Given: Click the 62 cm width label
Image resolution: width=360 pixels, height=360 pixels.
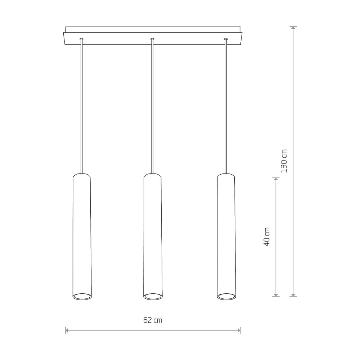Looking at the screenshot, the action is tap(153, 320).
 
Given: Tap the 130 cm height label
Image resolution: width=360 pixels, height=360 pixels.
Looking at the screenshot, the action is tap(284, 161).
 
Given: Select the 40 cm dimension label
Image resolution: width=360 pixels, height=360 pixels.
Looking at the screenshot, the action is tap(266, 237).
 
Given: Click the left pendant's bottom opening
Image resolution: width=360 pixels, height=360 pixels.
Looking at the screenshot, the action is tap(82, 296).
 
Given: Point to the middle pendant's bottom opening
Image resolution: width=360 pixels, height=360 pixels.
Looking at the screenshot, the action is tap(153, 296).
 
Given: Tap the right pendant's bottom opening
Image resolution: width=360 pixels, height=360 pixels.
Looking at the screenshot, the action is tap(226, 296).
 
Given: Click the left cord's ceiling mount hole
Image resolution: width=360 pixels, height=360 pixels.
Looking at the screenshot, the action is tap(81, 39).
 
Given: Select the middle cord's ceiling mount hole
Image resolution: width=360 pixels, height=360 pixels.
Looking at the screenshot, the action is tap(152, 39).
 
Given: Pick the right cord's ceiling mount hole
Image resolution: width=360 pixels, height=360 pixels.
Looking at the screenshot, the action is tap(226, 39).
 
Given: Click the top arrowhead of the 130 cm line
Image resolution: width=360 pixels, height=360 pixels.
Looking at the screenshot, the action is tap(293, 28).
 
